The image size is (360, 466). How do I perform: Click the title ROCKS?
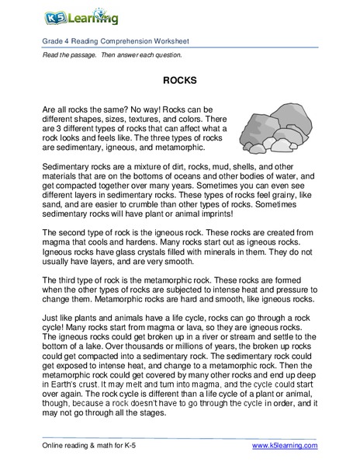click(179, 79)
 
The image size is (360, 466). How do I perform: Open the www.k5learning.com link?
click(286, 445)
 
